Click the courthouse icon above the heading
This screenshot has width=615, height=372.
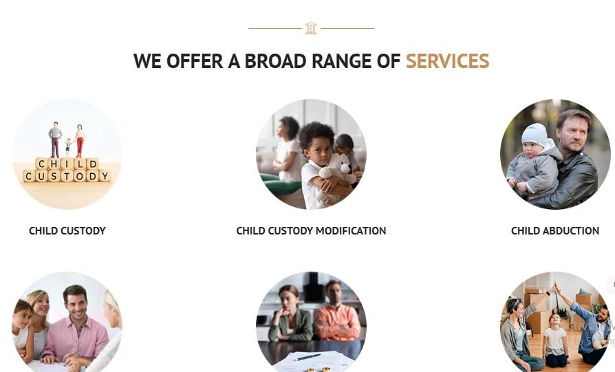pos(311,28)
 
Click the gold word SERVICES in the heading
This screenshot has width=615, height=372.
pos(448,61)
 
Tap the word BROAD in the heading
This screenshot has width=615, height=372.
pos(275,61)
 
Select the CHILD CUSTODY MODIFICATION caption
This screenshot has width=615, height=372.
pos(311,231)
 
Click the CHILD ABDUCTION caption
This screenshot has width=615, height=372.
pos(555,231)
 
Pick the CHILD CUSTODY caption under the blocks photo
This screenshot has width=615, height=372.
pos(67,231)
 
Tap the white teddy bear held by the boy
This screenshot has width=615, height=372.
pos(337,171)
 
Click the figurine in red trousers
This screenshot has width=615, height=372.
pos(80,141)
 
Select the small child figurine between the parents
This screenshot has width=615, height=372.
pos(68,147)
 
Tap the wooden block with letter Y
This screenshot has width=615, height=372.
pos(105,176)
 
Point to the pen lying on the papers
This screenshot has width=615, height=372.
pos(308,357)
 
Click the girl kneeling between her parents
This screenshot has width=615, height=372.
pos(554,340)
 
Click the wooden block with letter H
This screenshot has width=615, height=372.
pos(54,164)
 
